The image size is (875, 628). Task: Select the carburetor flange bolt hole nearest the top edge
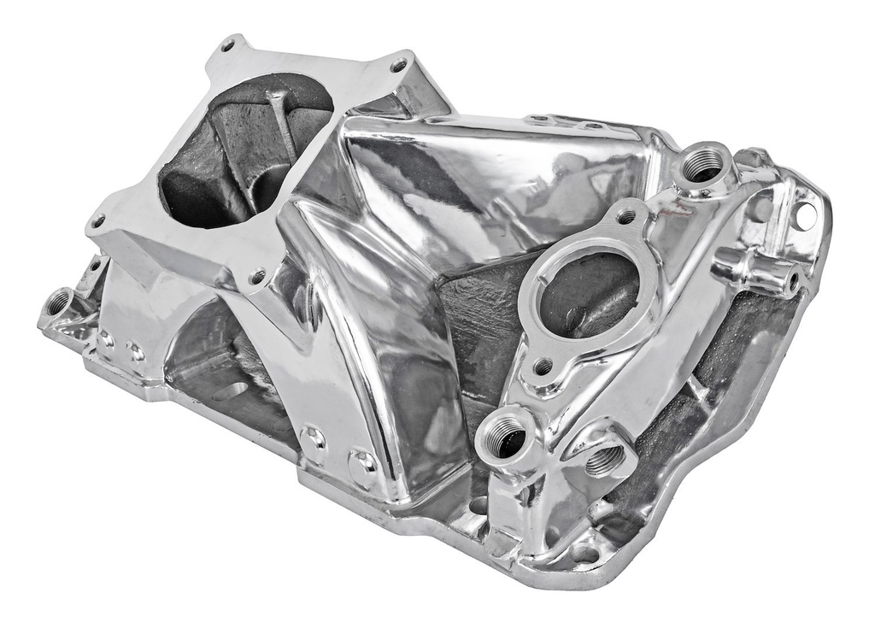coord(228,44)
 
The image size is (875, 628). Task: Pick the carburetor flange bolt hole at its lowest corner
coord(256,276)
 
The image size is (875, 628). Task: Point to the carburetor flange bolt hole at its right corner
coord(398,64)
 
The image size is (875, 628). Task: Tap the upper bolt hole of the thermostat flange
coord(625,217)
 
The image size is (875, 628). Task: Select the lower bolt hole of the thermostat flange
coord(543,368)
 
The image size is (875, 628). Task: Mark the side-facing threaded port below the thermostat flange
coord(603,461)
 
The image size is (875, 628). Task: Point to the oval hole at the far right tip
coord(805,215)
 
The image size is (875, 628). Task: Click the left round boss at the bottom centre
coord(313,439)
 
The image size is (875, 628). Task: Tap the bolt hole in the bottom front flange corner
coord(584,553)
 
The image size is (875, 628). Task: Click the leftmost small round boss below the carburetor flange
coord(107,338)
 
